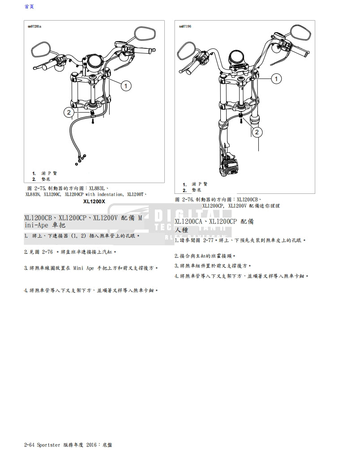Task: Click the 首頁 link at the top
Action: [29, 7]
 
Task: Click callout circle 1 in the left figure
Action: [126, 85]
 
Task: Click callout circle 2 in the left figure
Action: [69, 112]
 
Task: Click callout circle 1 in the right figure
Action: [277, 79]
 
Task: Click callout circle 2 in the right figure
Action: [257, 132]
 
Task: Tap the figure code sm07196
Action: [185, 26]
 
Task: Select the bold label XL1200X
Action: [94, 201]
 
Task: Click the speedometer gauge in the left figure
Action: [94, 60]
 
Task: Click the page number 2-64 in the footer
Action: [29, 445]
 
